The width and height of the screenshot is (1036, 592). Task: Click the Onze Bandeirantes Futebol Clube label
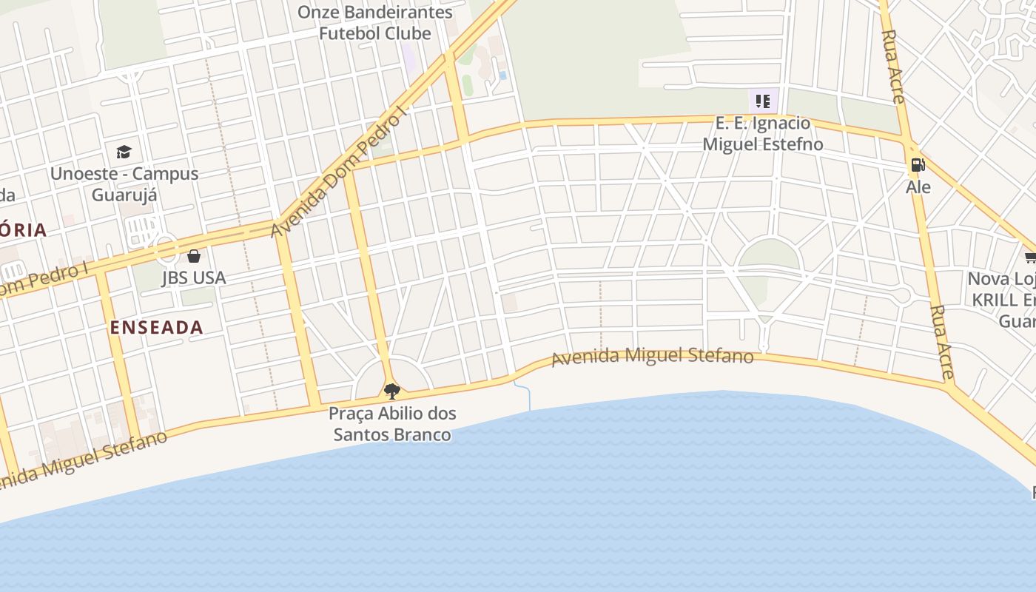(374, 23)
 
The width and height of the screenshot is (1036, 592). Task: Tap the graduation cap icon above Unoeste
(124, 152)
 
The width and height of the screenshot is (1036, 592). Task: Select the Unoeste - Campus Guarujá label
(124, 184)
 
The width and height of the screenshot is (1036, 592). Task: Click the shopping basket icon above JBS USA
(194, 256)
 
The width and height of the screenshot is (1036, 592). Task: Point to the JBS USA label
(194, 278)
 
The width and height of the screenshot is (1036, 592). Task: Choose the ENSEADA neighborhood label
(156, 328)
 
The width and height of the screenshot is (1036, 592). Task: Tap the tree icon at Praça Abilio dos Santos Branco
(392, 390)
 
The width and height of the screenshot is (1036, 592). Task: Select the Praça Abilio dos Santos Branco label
(392, 423)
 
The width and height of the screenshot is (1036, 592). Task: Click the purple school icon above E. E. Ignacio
(763, 101)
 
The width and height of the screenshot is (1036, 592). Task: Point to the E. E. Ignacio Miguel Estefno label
(762, 133)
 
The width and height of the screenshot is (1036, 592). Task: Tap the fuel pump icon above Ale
(918, 165)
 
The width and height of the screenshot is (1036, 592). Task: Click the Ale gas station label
(918, 186)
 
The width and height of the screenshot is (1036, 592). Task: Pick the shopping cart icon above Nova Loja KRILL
(1030, 257)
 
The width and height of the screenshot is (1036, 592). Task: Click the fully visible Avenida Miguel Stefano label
(653, 357)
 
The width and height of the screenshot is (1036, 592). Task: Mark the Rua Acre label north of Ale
(894, 67)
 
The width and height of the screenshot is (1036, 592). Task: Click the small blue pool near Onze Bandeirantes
(502, 75)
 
